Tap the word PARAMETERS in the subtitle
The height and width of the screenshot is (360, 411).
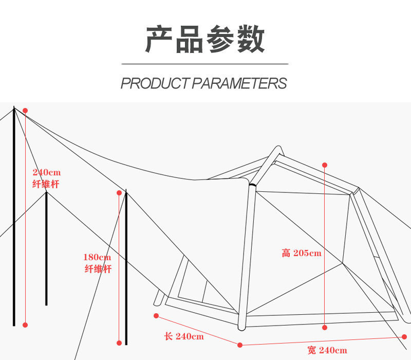(x=239, y=83)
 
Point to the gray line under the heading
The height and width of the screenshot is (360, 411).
(x=205, y=64)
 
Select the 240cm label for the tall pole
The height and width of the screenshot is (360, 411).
(x=46, y=172)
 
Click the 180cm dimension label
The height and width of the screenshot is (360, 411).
(x=97, y=257)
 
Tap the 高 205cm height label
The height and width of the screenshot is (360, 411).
(x=301, y=253)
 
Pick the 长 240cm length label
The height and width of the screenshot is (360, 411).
(x=184, y=337)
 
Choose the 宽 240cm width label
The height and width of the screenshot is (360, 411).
(x=327, y=351)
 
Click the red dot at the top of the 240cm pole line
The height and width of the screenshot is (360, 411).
(x=25, y=111)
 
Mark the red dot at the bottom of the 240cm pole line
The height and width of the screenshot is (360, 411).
(x=25, y=325)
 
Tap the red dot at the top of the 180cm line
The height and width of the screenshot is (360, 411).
(x=119, y=193)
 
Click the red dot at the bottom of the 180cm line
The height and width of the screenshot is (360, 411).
(x=119, y=343)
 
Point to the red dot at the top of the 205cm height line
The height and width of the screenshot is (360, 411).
(x=325, y=165)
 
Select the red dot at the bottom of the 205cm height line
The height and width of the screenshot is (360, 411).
(x=325, y=327)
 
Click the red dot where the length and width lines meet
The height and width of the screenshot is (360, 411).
(x=239, y=345)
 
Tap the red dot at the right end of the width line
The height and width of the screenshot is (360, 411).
(x=404, y=337)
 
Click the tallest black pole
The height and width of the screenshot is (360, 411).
(x=14, y=216)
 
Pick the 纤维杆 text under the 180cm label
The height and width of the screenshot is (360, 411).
(x=98, y=269)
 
